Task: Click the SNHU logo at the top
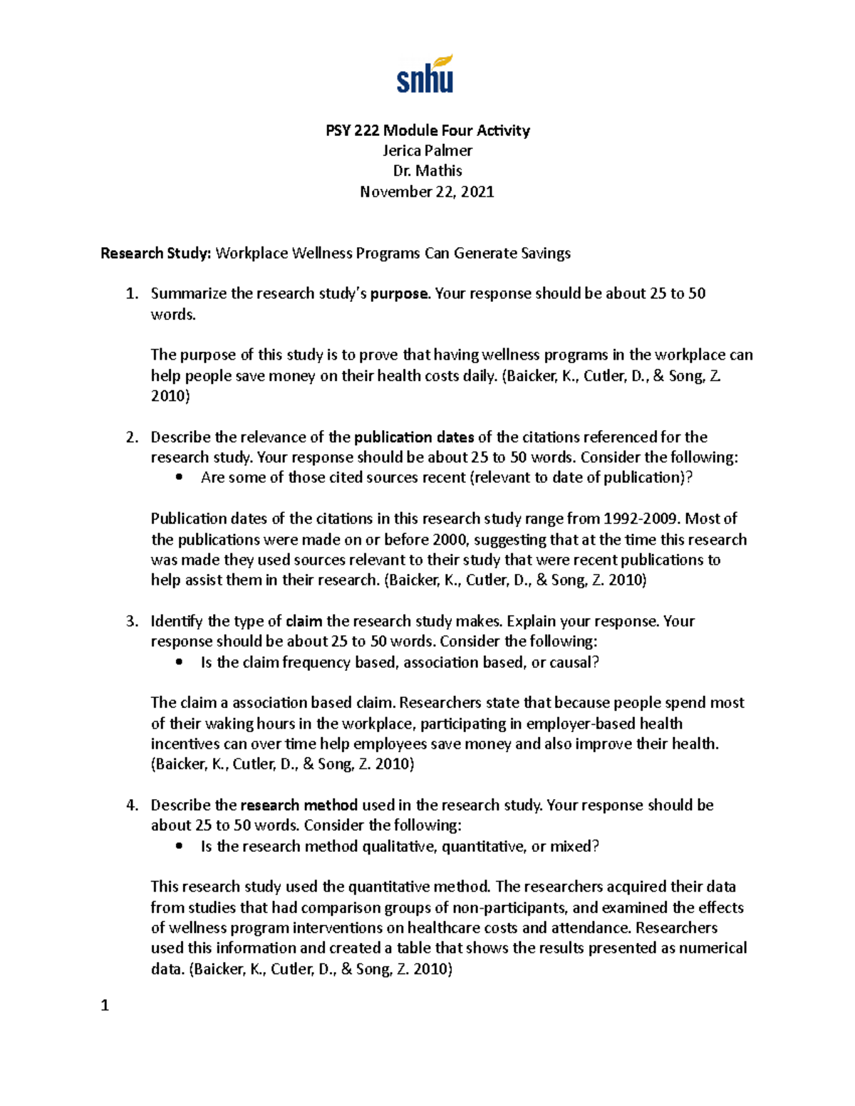[425, 75]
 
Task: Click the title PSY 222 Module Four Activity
[427, 130]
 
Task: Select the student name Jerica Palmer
[427, 150]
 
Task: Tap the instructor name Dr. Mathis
[427, 171]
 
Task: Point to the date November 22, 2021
[427, 192]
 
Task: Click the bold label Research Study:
[156, 254]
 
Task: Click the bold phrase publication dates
[414, 437]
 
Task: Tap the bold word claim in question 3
[304, 621]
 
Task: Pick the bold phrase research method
[299, 805]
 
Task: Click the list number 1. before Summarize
[132, 294]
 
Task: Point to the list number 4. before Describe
[132, 805]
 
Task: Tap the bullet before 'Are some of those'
[179, 478]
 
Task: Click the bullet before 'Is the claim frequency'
[179, 662]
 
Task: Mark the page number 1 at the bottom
[105, 1006]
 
